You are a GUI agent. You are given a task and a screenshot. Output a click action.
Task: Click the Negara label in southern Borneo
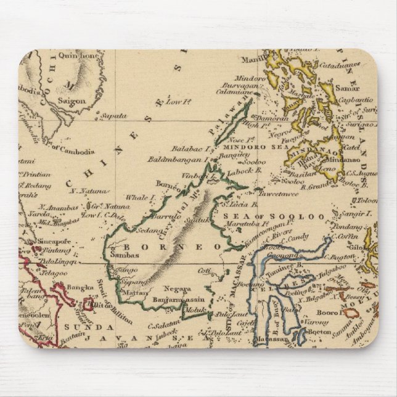pos(176,288)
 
